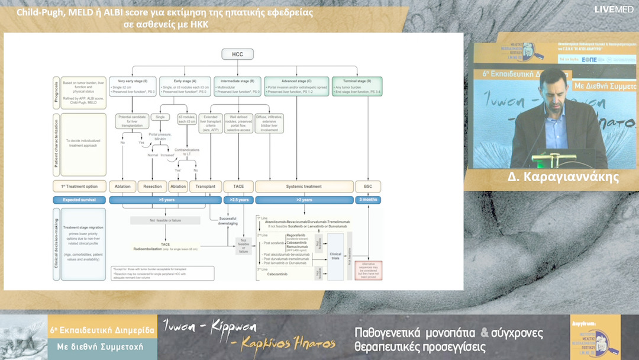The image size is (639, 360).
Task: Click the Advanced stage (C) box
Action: coord(296,86)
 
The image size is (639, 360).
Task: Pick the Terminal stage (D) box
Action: coord(357,86)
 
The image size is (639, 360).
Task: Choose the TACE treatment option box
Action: coord(238,186)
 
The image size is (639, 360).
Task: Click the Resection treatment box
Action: coord(152,186)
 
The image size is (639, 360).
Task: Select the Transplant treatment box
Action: coord(205,186)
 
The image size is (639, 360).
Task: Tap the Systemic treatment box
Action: coord(305,186)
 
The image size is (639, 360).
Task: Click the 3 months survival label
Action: coord(368,200)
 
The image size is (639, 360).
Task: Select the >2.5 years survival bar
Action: coord(238,200)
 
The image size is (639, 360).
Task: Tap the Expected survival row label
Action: coord(80,200)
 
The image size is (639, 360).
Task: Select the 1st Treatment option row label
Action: coord(80,186)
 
